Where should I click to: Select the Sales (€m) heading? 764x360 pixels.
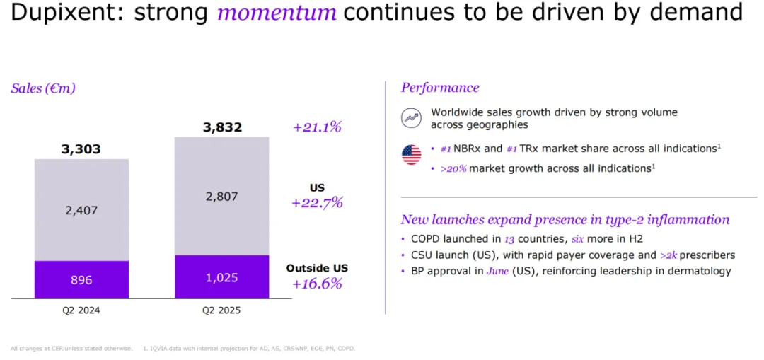(43, 88)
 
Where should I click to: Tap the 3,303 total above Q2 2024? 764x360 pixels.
(81, 149)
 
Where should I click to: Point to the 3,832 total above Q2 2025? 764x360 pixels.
(222, 127)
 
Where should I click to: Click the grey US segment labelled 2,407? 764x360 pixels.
(81, 210)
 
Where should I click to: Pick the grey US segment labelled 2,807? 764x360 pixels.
(222, 196)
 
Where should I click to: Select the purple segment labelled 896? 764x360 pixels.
(81, 279)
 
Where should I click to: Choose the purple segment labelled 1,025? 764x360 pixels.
(222, 277)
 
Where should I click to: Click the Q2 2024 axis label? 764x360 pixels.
(81, 310)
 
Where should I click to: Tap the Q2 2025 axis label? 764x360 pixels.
(222, 310)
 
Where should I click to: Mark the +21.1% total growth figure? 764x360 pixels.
(317, 127)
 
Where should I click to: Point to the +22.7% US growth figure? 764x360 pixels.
(317, 202)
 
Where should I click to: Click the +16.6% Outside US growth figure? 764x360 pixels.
(317, 284)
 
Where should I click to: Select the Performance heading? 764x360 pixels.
(440, 88)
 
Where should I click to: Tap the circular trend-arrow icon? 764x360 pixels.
(410, 118)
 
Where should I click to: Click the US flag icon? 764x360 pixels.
(411, 154)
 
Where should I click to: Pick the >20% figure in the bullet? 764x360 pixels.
(453, 168)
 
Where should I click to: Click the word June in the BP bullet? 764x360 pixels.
(497, 271)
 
